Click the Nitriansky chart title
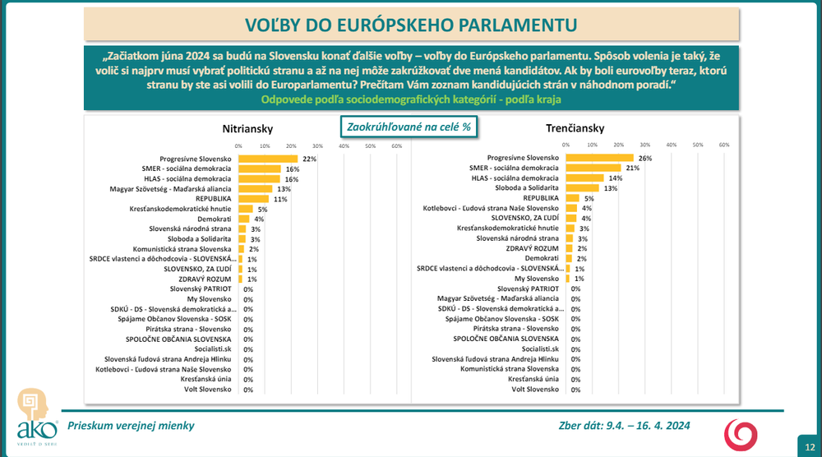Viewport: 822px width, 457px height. point(247,128)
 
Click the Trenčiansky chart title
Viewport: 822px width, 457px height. point(575,128)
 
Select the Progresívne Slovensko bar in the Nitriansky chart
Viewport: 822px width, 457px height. point(268,159)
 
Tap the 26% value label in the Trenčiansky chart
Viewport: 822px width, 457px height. point(644,158)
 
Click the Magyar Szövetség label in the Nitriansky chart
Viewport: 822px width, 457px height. point(182,189)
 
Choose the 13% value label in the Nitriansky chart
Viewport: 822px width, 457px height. point(284,189)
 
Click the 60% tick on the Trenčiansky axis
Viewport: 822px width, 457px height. point(724,145)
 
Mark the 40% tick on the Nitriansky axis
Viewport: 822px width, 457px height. point(344,145)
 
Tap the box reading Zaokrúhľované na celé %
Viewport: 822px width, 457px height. point(409,127)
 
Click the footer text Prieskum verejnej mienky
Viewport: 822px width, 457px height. point(131,425)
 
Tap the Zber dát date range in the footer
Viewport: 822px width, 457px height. point(624,425)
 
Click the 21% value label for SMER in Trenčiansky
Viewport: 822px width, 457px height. point(632,168)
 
